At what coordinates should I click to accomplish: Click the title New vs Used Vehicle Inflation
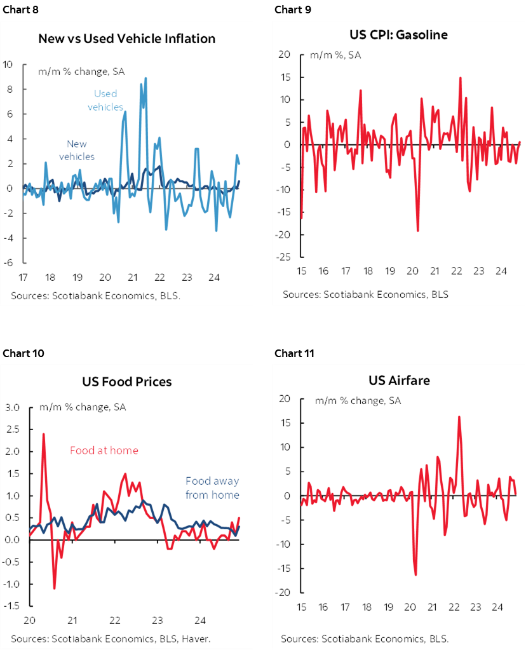126,39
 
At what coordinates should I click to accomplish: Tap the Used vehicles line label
105,100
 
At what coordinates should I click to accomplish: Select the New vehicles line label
77,150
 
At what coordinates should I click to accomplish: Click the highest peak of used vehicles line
145,78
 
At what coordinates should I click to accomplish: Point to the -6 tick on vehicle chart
8,262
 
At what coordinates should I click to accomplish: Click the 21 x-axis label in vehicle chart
132,278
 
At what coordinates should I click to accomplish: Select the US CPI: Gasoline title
398,34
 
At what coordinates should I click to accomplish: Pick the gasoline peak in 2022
460,78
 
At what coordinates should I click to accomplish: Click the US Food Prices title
126,382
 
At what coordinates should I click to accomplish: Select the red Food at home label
104,450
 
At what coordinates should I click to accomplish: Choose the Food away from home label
212,488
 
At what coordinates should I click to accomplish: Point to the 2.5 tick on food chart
13,429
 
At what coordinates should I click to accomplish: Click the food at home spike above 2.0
43,434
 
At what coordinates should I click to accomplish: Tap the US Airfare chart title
398,380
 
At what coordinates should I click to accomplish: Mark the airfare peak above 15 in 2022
459,417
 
